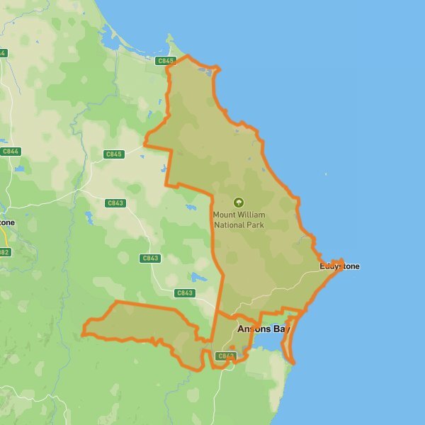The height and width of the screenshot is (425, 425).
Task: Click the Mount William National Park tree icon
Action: pyautogui.click(x=238, y=202)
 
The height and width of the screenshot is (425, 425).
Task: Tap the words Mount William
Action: pyautogui.click(x=238, y=214)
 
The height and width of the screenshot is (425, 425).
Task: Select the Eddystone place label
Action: pyautogui.click(x=339, y=266)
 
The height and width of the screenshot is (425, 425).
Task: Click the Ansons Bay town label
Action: pyautogui.click(x=263, y=329)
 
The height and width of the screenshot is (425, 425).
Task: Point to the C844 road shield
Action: pyautogui.click(x=11, y=151)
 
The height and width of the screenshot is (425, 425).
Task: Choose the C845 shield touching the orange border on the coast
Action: pyautogui.click(x=165, y=62)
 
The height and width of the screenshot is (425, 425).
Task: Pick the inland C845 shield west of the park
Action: pyautogui.click(x=113, y=154)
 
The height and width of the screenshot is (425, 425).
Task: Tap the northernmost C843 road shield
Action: pyautogui.click(x=115, y=203)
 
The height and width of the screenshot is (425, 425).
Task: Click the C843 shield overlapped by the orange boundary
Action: pyautogui.click(x=225, y=356)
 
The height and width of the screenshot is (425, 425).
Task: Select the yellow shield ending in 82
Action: pyautogui.click(x=4, y=252)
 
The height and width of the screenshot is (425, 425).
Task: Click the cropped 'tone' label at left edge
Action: pyautogui.click(x=6, y=222)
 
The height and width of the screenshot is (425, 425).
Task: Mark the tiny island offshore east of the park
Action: pyautogui.click(x=326, y=174)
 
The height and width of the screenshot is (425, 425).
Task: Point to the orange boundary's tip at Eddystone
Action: pyautogui.click(x=343, y=261)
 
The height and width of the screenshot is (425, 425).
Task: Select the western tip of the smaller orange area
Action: pyautogui.click(x=83, y=331)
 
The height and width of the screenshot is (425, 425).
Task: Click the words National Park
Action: pyautogui.click(x=238, y=225)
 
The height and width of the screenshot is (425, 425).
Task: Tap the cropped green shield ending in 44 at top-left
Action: pyautogui.click(x=2, y=53)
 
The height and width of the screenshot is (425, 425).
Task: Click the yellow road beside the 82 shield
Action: pyautogui.click(x=7, y=241)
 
